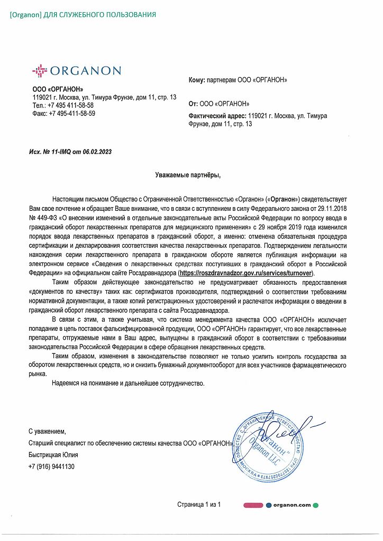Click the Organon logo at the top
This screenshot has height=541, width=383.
tap(76, 70)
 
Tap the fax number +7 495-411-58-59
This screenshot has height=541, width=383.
tap(72, 113)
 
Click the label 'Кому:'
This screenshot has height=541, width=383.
tap(197, 80)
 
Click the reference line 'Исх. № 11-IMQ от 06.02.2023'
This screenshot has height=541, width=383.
tap(70, 152)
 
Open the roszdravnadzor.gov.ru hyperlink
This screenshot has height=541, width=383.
tap(246, 273)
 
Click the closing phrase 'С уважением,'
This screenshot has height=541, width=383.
tap(47, 431)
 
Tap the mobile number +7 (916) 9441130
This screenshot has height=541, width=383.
tap(51, 467)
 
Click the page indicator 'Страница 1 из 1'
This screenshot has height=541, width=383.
tap(198, 505)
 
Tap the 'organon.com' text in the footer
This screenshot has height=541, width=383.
tap(292, 505)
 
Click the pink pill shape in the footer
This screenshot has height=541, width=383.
tap(253, 505)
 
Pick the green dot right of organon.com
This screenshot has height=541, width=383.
tap(316, 505)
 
